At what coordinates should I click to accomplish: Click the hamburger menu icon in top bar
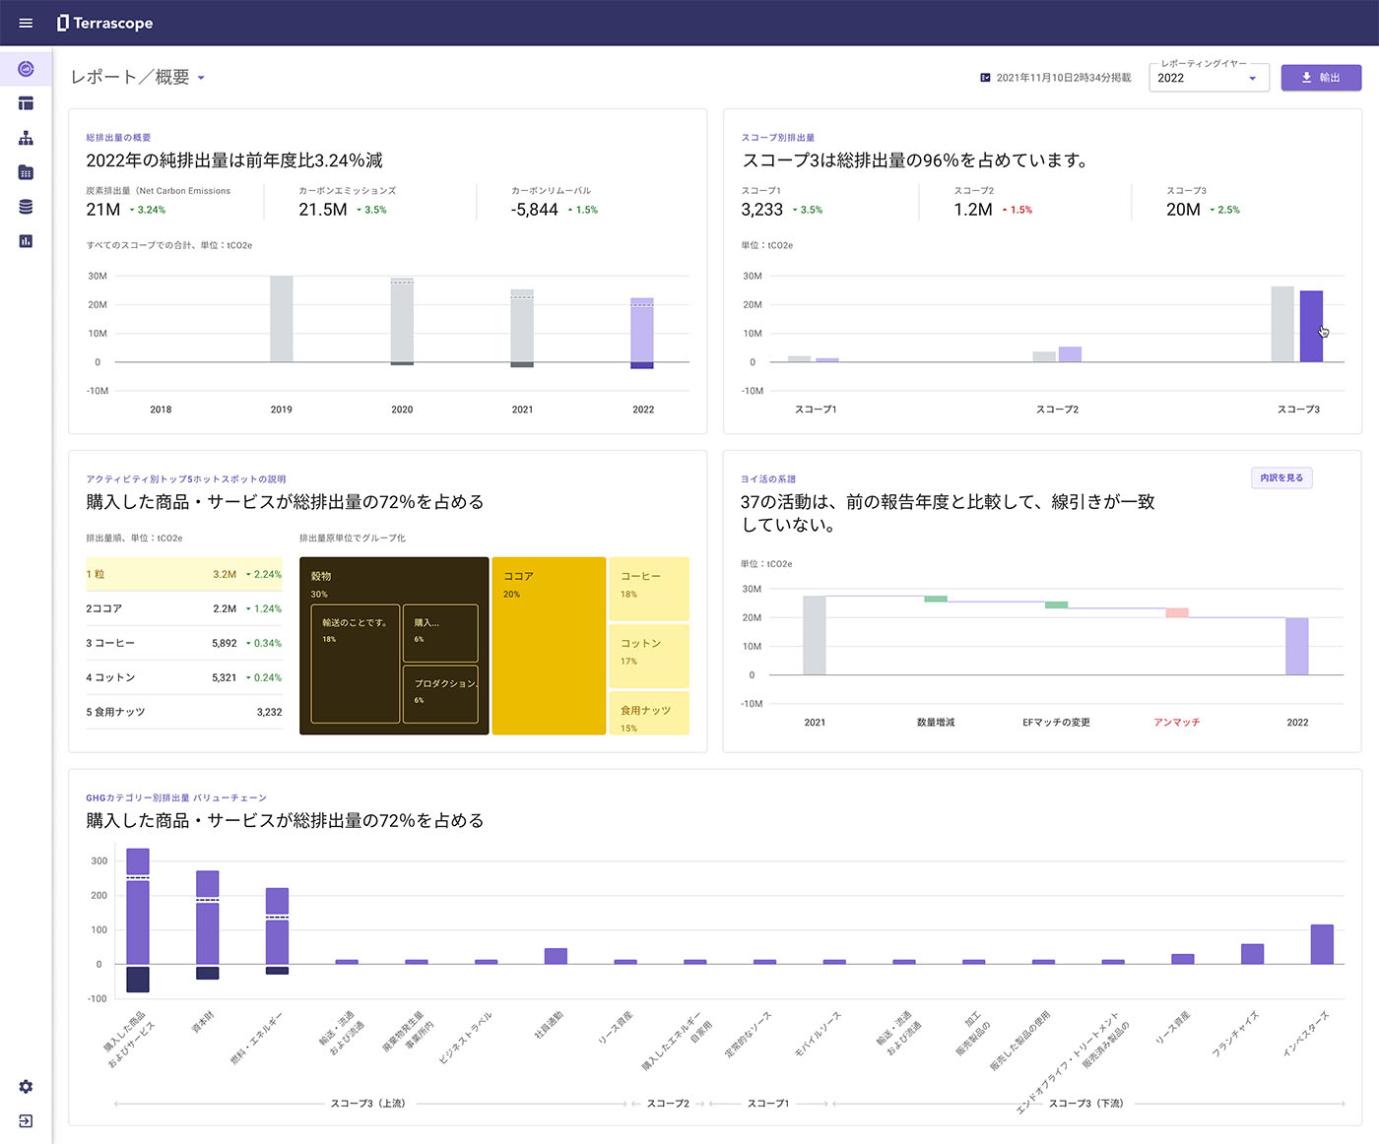pyautogui.click(x=26, y=23)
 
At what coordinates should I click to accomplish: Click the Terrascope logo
pyautogui.click(x=105, y=23)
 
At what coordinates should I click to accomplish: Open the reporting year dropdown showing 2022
pyautogui.click(x=1208, y=78)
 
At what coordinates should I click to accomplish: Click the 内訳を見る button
pyautogui.click(x=1280, y=478)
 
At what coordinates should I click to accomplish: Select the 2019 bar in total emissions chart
pyautogui.click(x=281, y=318)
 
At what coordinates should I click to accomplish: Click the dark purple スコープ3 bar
pyautogui.click(x=1310, y=326)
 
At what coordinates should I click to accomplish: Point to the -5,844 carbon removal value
pyautogui.click(x=535, y=210)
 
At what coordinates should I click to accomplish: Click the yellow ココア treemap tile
pyautogui.click(x=548, y=646)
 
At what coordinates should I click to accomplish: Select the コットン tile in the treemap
pyautogui.click(x=648, y=655)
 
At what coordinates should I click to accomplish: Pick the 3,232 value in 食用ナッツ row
pyautogui.click(x=269, y=712)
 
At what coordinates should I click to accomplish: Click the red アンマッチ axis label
pyautogui.click(x=1176, y=723)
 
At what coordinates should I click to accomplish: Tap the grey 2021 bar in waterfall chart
pyautogui.click(x=815, y=635)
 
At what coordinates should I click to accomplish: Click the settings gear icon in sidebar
pyautogui.click(x=26, y=1086)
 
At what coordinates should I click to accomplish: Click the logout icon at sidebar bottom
pyautogui.click(x=26, y=1121)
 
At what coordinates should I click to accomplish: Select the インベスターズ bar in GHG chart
pyautogui.click(x=1321, y=944)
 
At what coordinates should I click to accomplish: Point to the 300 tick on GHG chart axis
pyautogui.click(x=98, y=860)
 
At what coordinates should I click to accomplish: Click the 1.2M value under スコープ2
pyautogui.click(x=972, y=210)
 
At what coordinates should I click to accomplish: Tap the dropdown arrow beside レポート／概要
pyautogui.click(x=201, y=78)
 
